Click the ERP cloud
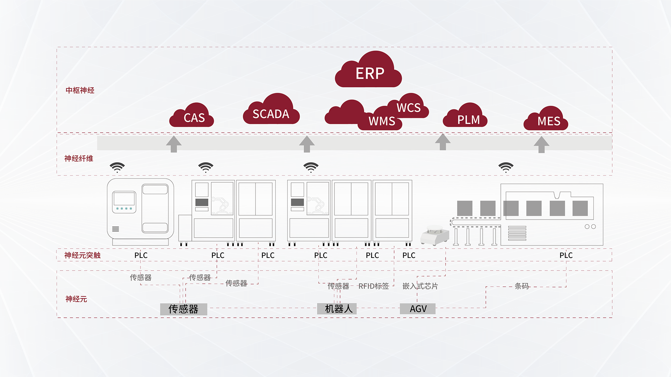(x=369, y=73)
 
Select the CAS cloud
(x=193, y=117)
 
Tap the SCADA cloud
(x=271, y=113)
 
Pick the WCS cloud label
(x=409, y=108)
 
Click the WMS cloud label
(x=382, y=121)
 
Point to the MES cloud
(x=548, y=121)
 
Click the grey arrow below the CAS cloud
(x=174, y=144)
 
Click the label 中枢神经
(x=80, y=90)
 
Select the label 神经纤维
(x=79, y=158)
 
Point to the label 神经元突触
(x=82, y=255)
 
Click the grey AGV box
(x=418, y=309)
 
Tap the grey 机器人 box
(x=337, y=309)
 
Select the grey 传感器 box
(x=183, y=309)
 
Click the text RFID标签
(x=374, y=286)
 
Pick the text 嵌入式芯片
(x=420, y=286)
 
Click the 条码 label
(x=522, y=286)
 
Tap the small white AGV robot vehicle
(x=435, y=236)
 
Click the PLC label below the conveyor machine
(x=566, y=255)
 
